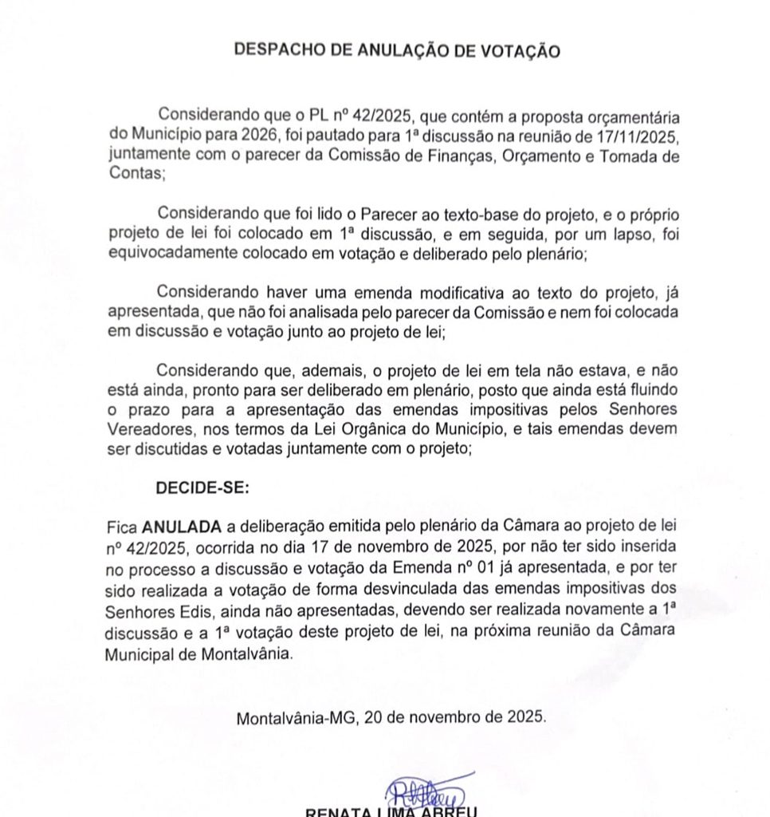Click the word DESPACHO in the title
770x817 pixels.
[x=271, y=50]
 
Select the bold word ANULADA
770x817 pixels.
[x=182, y=527]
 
